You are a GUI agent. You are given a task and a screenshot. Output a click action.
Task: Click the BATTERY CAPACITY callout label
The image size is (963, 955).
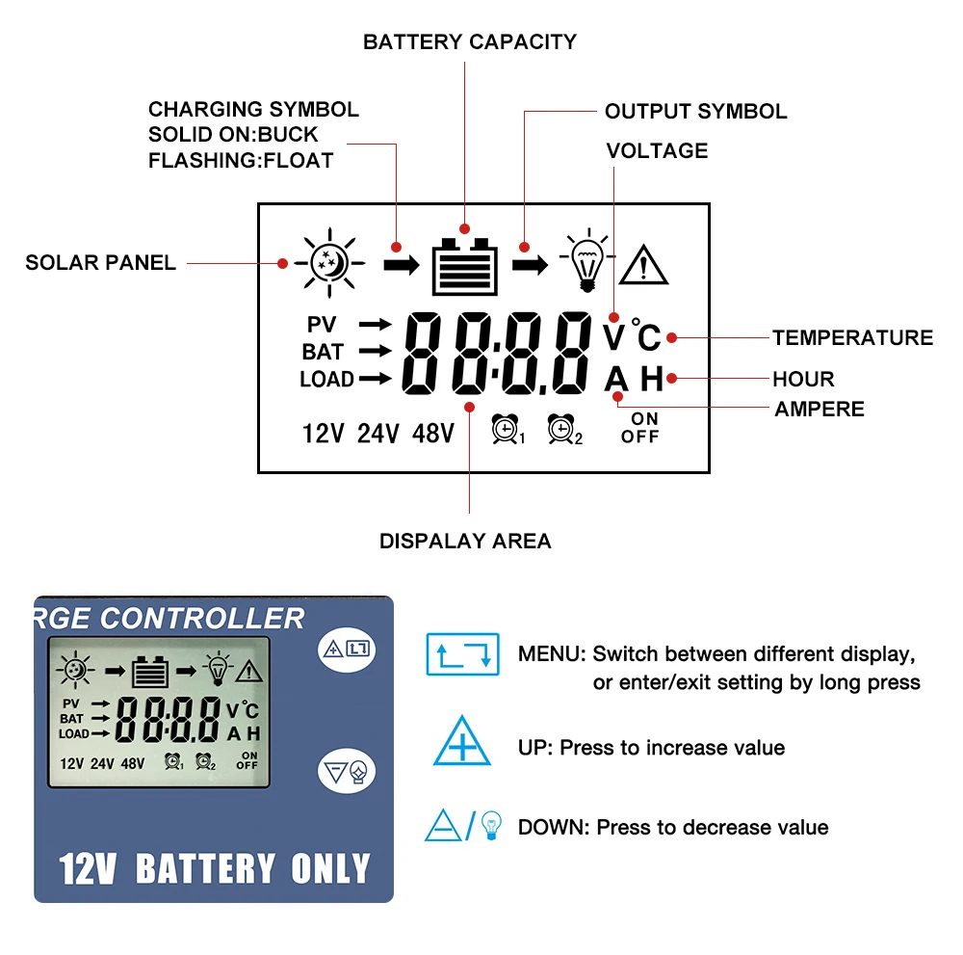coord(469,42)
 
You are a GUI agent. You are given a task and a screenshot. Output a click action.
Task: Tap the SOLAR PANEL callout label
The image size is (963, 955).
coord(101,262)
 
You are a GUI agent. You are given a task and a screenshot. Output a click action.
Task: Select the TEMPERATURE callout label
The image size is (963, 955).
coord(852,337)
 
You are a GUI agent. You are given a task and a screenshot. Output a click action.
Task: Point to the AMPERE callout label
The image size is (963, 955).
coord(820,409)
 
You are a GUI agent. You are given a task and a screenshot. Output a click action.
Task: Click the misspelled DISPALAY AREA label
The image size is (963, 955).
coord(465,541)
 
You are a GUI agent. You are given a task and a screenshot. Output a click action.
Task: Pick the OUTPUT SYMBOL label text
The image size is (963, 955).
coord(695,111)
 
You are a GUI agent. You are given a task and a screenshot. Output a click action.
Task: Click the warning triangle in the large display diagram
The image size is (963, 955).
coord(643,263)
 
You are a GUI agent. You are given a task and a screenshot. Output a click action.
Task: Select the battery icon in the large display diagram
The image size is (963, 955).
coord(465,267)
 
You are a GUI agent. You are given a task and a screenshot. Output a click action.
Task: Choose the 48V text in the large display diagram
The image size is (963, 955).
coord(432,434)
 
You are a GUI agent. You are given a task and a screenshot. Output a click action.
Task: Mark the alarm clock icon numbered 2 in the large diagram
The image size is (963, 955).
coord(563,430)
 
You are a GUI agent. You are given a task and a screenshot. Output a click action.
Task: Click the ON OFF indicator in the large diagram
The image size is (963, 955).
coord(640,428)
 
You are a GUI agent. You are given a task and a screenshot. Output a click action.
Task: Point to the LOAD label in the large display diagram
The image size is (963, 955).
coord(326,380)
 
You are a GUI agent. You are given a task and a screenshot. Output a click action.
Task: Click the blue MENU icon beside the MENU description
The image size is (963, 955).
coord(462,653)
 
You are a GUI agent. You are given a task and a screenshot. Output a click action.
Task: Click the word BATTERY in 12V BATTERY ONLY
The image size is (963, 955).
coord(206,869)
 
